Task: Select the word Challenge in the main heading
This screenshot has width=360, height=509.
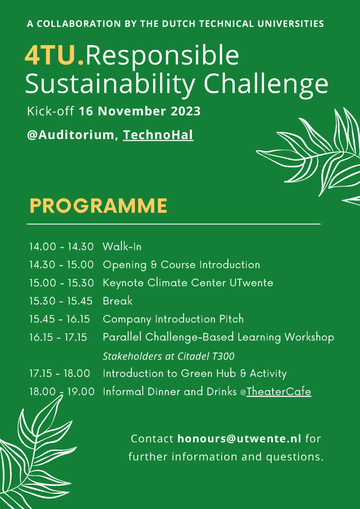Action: [x=266, y=84]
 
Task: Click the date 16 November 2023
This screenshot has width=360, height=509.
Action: [x=140, y=111]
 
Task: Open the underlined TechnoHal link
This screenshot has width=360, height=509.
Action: [x=158, y=135]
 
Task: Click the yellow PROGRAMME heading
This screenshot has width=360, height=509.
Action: [x=98, y=206]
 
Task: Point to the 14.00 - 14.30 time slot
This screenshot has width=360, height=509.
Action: [x=61, y=247]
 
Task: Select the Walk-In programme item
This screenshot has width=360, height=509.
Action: [x=122, y=247]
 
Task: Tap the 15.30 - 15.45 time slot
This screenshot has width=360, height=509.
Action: [x=61, y=301]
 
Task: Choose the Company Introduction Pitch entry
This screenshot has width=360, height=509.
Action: [x=173, y=319]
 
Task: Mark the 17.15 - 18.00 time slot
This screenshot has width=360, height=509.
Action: [x=61, y=374]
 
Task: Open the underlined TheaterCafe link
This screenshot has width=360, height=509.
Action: [x=278, y=392]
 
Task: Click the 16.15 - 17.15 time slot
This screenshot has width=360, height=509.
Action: [x=58, y=338]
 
